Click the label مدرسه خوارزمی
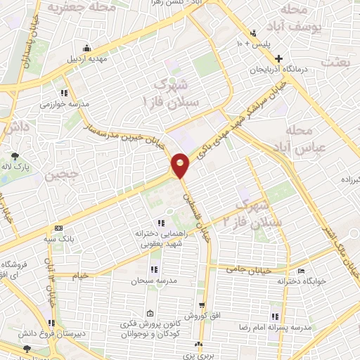[x=65, y=103]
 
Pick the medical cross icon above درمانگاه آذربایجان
[x=279, y=58]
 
